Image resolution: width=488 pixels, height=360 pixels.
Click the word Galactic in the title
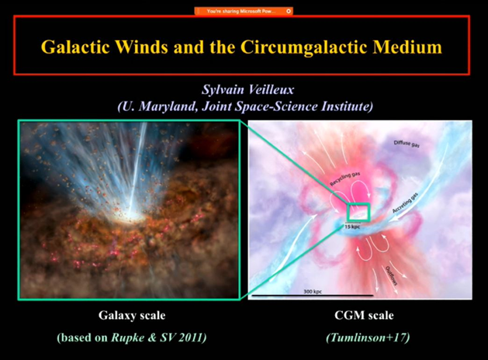[80, 47]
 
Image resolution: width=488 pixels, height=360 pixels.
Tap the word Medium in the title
[407, 47]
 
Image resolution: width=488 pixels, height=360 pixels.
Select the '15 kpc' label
[356, 225]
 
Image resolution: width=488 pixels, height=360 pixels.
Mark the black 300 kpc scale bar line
[311, 296]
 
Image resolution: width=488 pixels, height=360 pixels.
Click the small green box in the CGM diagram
[358, 212]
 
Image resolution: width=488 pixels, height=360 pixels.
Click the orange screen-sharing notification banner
[244, 12]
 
